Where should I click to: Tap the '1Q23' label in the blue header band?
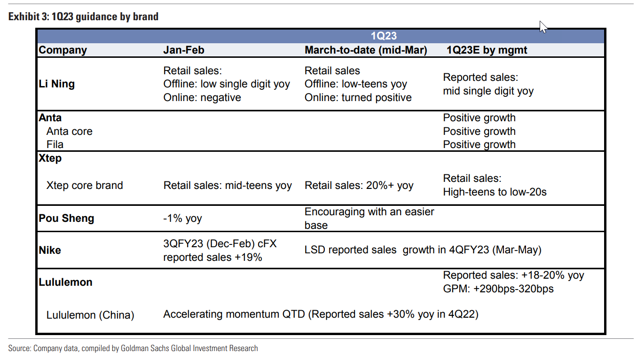click(384, 36)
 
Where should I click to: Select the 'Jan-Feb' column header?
click(184, 50)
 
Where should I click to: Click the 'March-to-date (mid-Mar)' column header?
click(366, 50)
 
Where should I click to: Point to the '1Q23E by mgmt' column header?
click(487, 50)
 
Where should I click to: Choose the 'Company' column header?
click(63, 50)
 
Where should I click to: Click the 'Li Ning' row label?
click(56, 84)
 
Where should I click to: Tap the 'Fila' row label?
click(55, 145)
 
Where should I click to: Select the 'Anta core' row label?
click(69, 131)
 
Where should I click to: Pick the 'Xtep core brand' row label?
click(85, 185)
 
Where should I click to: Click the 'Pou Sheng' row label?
click(66, 219)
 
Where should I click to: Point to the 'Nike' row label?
click(50, 250)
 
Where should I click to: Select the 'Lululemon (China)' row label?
click(90, 315)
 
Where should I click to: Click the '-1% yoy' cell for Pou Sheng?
click(182, 219)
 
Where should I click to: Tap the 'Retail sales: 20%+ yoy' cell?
click(359, 185)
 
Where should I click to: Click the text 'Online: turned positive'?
click(358, 98)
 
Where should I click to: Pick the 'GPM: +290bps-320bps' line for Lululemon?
click(498, 289)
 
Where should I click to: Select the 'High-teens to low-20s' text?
click(495, 192)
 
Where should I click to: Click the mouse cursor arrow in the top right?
click(543, 27)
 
